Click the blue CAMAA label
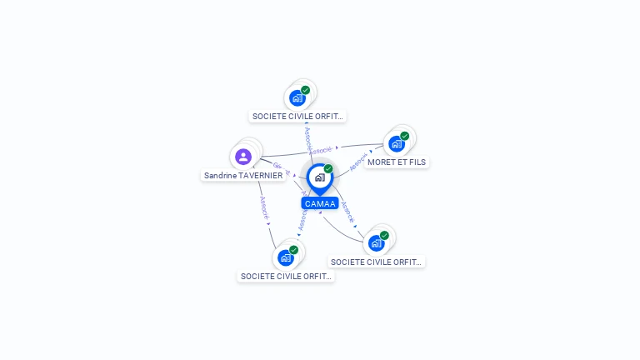pos(320,203)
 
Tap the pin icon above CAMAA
pos(319,177)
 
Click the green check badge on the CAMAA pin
pos(328,169)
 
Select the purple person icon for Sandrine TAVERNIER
pos(243,157)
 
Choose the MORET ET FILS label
pos(397,162)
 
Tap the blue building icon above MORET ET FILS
pos(397,143)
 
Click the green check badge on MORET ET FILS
pos(405,136)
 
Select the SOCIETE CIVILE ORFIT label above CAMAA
pos(298,117)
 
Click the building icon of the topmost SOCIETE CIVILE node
pos(297,97)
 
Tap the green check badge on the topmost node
pos(306,90)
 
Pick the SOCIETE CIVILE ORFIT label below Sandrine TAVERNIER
pos(286,276)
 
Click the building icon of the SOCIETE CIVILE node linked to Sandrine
pos(286,257)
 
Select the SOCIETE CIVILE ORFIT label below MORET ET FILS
pos(377,262)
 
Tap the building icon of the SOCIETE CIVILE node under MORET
pos(377,243)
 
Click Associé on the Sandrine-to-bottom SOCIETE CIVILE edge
pos(264,208)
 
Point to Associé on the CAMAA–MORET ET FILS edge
pos(359,162)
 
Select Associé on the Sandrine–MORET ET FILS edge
pos(321,150)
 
